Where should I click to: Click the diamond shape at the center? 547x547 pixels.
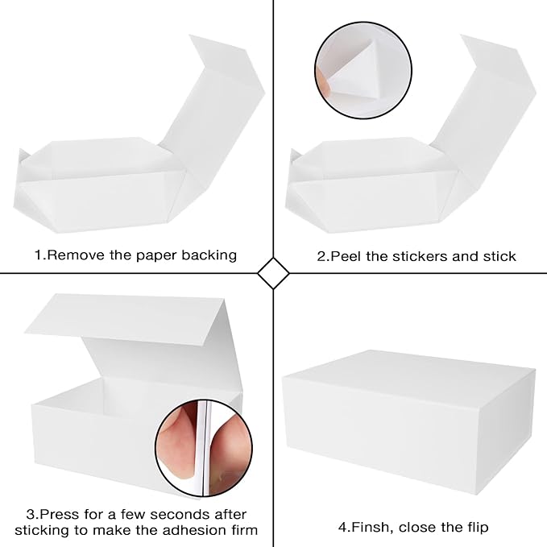coord(273,273)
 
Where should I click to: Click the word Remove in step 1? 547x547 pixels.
coord(73,255)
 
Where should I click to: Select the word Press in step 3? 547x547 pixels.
coord(61,514)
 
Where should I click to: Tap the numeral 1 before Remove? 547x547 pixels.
coord(37,255)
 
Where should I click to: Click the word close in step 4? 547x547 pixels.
coord(419,528)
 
